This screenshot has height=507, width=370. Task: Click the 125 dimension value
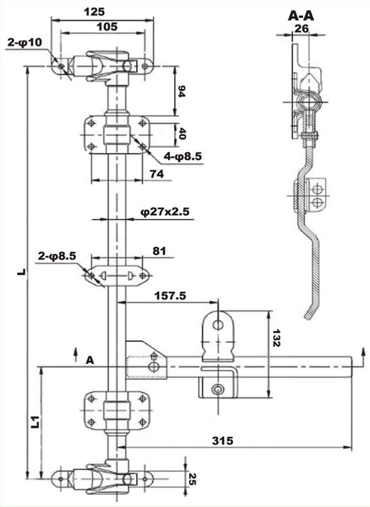pos(94,12)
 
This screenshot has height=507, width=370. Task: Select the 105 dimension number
pos(107,27)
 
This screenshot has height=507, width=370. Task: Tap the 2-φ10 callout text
pos(25,43)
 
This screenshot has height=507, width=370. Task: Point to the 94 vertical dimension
pos(182,91)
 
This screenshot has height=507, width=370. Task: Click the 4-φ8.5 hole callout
pos(183,156)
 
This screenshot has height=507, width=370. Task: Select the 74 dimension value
pos(157,174)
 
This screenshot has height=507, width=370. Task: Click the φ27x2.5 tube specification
pos(165,212)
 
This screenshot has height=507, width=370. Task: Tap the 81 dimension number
pos(159,251)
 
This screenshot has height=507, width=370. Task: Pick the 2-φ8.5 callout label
pos(57,256)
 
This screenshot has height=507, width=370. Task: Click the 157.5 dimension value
pos(170,296)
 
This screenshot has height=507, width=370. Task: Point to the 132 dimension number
pos(277,338)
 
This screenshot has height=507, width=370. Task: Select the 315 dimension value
pos(222,440)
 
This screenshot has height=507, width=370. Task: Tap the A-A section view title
pos(301,16)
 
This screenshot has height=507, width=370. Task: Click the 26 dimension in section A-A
pos(301,29)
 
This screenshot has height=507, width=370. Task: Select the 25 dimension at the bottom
pos(192,479)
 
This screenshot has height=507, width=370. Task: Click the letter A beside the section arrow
pos(90,360)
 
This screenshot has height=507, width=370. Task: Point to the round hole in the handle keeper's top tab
pos(218,324)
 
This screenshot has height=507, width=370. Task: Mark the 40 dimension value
pos(182,133)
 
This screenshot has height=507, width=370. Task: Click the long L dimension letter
pos(22,272)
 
